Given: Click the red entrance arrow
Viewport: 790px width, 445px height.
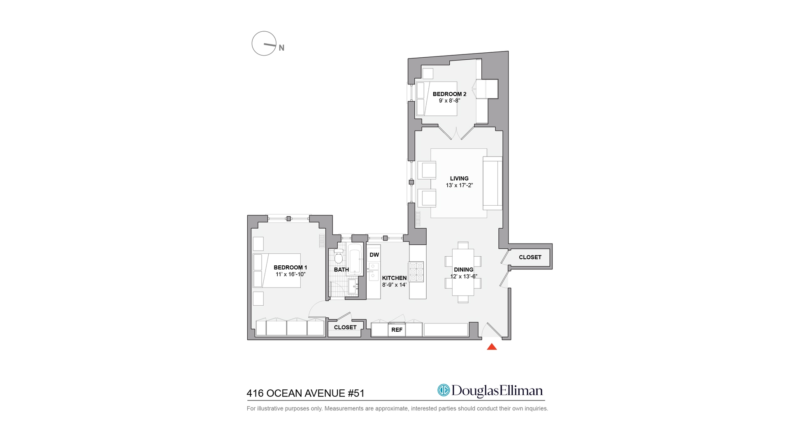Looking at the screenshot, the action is pyautogui.click(x=492, y=347).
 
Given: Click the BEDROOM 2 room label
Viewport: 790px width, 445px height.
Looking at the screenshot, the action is pyautogui.click(x=449, y=94).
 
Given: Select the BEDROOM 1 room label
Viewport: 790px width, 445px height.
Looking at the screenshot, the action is pyautogui.click(x=290, y=267).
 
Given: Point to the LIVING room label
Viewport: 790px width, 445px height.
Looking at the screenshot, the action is pyautogui.click(x=459, y=178).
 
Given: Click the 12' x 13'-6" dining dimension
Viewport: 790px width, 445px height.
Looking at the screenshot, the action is pyautogui.click(x=464, y=276).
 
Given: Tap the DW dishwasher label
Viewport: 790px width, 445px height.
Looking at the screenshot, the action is pyautogui.click(x=374, y=255).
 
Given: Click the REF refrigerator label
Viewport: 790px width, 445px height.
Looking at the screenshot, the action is pyautogui.click(x=397, y=330).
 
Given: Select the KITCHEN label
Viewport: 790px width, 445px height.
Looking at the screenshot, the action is pyautogui.click(x=394, y=278).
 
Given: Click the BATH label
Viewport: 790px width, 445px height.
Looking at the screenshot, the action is pyautogui.click(x=342, y=269).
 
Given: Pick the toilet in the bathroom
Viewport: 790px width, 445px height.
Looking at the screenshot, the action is pyautogui.click(x=339, y=256).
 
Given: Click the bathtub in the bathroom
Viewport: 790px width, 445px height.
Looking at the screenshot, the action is pyautogui.click(x=355, y=260).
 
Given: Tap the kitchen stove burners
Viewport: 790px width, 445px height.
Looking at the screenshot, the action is pyautogui.click(x=416, y=272).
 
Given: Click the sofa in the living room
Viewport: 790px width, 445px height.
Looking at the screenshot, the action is pyautogui.click(x=493, y=183).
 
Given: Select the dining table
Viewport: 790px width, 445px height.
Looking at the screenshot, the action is pyautogui.click(x=463, y=272).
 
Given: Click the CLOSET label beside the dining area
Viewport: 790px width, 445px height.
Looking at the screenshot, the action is pyautogui.click(x=530, y=257).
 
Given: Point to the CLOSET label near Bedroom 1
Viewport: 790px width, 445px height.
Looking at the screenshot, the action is pyautogui.click(x=345, y=327).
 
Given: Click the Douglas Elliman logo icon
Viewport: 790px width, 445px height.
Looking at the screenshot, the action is pyautogui.click(x=444, y=390).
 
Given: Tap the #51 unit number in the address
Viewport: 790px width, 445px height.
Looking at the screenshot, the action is pyautogui.click(x=356, y=393).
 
